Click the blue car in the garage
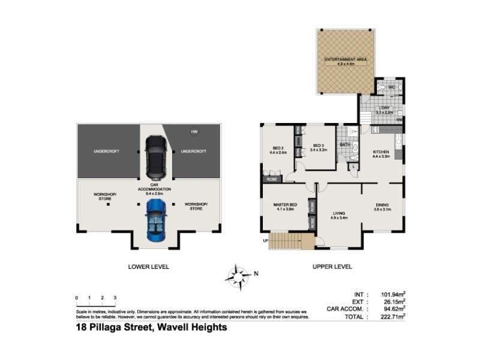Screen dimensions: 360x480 (156, 220)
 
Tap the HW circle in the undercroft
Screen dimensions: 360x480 (194, 132)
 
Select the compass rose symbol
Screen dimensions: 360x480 (238, 275)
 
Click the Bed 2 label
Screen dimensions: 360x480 (277, 150)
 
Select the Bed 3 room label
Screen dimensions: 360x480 (319, 146)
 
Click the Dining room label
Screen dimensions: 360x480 (383, 206)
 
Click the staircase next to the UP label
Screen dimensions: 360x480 (291, 241)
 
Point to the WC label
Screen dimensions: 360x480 (391, 88)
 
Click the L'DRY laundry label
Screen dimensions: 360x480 (384, 110)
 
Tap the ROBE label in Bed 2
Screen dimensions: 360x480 (271, 179)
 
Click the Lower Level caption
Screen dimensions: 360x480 (148, 266)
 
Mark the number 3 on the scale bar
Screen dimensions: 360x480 (115, 298)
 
